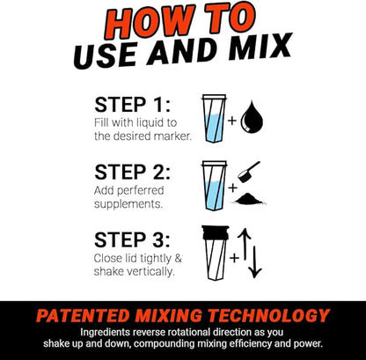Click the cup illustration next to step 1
point(214,120)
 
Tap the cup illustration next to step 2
point(214,186)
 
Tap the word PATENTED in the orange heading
point(84,315)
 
